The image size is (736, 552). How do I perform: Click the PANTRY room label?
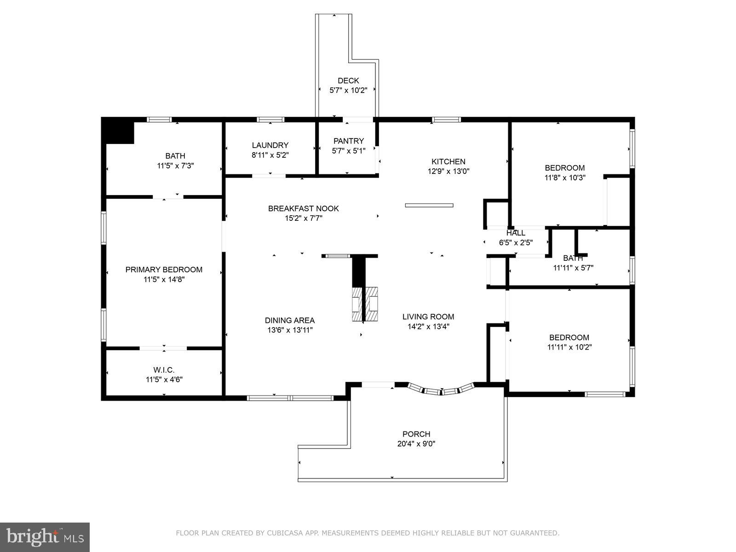348,141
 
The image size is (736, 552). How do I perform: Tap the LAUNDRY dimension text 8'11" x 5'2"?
270,155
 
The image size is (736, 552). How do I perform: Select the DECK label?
348,80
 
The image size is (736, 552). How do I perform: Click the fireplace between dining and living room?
365,304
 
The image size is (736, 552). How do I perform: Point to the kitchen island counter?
429,205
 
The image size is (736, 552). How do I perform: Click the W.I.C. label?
164,370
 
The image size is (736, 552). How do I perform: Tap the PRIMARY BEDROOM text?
164,270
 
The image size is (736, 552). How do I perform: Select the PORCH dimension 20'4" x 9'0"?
416,444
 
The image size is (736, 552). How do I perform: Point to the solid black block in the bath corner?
117,132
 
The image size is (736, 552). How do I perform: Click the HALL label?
516,233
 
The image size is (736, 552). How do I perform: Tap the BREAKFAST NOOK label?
303,208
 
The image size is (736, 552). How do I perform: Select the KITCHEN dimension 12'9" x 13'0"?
448,171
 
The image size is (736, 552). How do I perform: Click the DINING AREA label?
290,320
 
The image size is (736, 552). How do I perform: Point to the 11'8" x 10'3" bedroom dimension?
564,178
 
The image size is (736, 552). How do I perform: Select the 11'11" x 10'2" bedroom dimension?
569,347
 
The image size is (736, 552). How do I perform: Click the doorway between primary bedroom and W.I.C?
163,348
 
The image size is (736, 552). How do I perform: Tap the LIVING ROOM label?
428,316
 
